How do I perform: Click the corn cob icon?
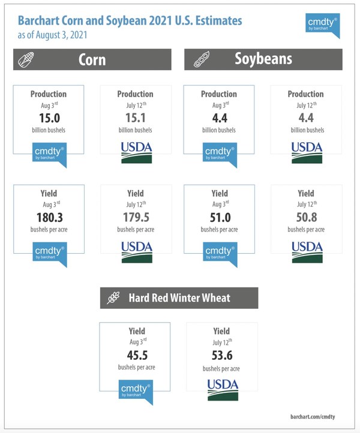(x=26, y=59)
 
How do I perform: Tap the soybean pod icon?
(x=202, y=59)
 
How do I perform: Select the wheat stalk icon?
(x=113, y=297)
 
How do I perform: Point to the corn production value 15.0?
(x=49, y=118)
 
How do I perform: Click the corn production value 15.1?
(x=136, y=118)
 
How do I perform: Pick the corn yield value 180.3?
(x=50, y=217)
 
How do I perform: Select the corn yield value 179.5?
(x=136, y=217)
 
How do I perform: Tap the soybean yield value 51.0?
(x=220, y=217)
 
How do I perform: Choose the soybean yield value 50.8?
(x=307, y=217)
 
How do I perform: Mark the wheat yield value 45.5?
(x=137, y=355)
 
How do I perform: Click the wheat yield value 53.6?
(x=222, y=355)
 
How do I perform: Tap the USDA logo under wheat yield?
(x=223, y=390)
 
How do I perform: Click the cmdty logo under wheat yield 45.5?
(x=136, y=392)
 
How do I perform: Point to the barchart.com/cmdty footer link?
(x=313, y=416)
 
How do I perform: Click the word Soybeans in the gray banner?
(x=263, y=59)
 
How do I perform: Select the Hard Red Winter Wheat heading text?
(x=179, y=297)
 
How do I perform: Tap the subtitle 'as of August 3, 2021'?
(x=52, y=35)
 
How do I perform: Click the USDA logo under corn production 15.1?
(x=136, y=152)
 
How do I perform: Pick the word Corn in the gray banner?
(x=92, y=59)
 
